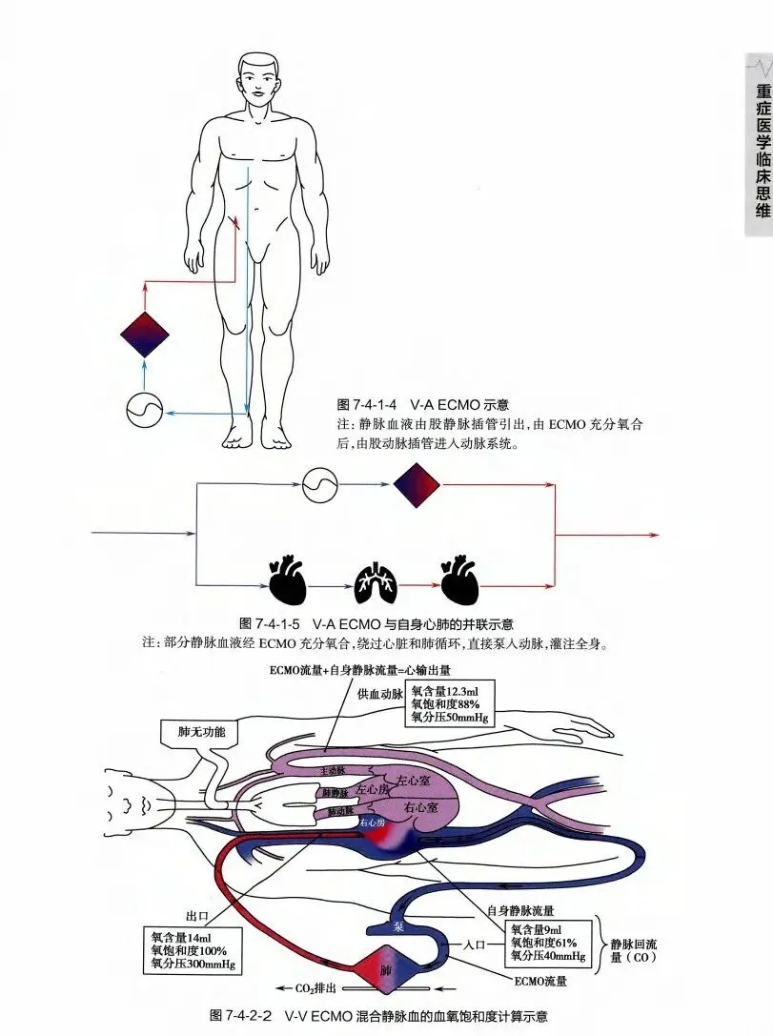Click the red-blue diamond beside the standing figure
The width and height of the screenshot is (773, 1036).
(145, 335)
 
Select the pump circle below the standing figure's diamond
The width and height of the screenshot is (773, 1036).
(145, 411)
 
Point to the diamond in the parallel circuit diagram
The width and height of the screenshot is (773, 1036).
(417, 485)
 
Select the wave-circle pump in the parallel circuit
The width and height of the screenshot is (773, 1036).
(319, 485)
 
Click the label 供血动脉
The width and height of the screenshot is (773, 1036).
(378, 694)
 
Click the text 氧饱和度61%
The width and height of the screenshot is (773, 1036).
(548, 943)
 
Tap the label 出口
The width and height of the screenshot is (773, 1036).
(196, 916)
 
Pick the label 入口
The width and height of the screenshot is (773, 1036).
(476, 946)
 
